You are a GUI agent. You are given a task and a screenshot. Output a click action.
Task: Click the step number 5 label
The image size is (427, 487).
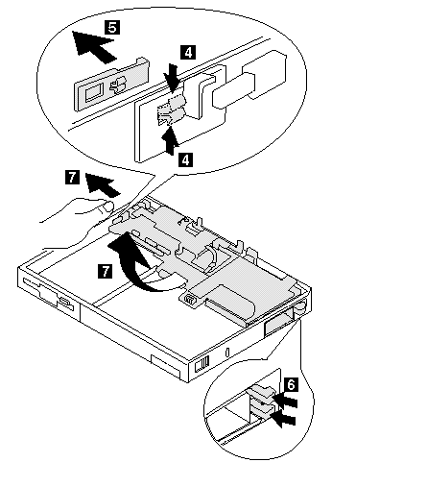click(112, 27)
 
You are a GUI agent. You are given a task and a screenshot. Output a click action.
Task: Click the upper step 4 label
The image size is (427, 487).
click(188, 52)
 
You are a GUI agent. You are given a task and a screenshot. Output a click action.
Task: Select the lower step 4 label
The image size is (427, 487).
click(185, 159)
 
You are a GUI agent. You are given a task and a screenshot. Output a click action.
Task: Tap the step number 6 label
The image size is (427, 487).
click(291, 384)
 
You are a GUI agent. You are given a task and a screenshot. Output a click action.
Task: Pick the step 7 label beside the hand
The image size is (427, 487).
click(72, 177)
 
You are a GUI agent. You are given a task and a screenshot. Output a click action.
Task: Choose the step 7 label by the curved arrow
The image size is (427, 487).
click(105, 271)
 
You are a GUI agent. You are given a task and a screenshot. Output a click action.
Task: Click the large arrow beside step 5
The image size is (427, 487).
click(93, 46)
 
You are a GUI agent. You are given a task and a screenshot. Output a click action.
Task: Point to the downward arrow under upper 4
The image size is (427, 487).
click(173, 79)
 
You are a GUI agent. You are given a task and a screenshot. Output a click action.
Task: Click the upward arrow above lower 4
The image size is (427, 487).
click(170, 140)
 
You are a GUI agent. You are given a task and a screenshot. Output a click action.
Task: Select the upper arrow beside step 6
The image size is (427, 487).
click(286, 401)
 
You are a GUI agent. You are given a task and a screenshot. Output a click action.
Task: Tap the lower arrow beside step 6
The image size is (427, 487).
click(283, 419)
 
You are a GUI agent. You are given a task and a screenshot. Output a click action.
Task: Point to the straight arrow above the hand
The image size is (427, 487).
click(102, 184)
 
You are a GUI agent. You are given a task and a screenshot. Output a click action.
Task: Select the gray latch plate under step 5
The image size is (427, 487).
click(111, 85)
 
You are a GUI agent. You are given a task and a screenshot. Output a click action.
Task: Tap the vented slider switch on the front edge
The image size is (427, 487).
click(202, 363)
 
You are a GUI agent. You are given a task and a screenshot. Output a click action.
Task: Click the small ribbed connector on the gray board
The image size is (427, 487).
click(190, 300)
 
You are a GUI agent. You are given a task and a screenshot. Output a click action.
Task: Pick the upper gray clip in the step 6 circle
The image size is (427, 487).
click(261, 393)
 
